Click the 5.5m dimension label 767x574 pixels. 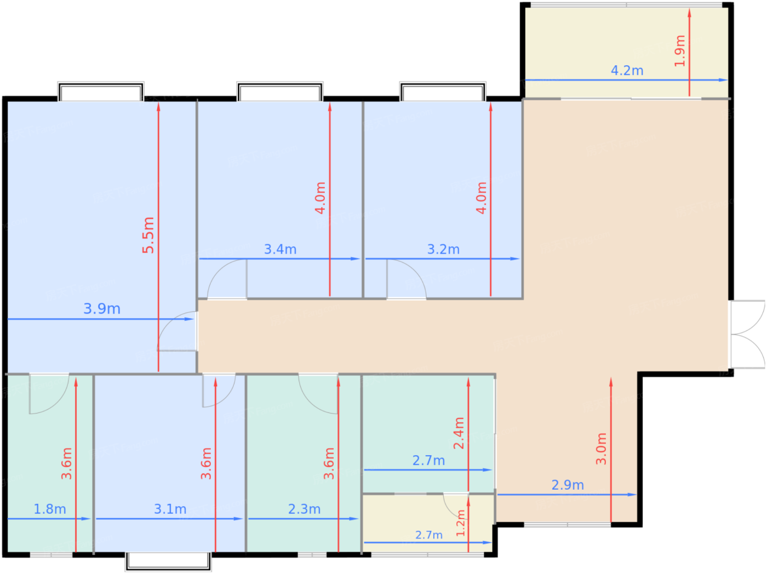coord(148,235)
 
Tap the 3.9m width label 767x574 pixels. coord(102,309)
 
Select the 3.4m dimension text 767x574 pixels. coord(281,249)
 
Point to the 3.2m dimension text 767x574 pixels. coord(443,249)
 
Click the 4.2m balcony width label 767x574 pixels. coord(627,71)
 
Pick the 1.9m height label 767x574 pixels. coord(680,51)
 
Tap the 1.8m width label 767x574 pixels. coord(50,509)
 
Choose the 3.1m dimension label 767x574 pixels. coord(170,509)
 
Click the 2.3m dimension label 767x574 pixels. coord(305,509)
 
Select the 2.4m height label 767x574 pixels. coord(459,433)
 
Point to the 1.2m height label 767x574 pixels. coord(461,524)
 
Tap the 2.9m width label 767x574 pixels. coord(568,485)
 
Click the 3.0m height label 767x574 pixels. coord(601,449)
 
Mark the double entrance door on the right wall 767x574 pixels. coord(748,334)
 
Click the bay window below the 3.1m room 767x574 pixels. coord(168,561)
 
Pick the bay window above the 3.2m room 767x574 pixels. coord(443,91)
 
